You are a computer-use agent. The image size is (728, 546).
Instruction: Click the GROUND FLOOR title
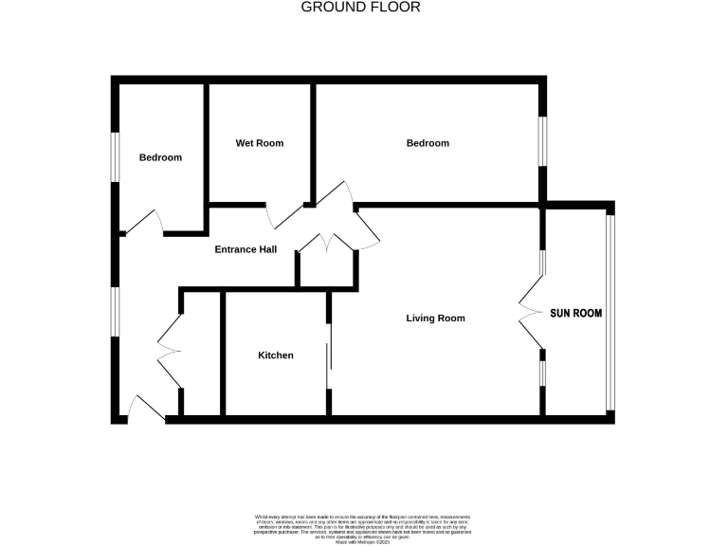tap(360, 8)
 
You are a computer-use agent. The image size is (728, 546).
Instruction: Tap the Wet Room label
tap(260, 143)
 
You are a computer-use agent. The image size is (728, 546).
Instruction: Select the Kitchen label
tap(276, 355)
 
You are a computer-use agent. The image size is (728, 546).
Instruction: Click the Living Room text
tap(435, 318)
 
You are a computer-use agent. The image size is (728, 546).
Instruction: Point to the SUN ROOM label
tap(576, 313)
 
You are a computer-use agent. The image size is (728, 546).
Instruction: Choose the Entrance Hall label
tap(246, 250)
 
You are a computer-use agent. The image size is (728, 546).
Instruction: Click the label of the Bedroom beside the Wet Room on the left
tap(160, 157)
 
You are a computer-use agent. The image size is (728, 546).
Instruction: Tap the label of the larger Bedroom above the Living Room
tap(428, 143)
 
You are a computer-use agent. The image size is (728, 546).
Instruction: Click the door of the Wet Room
tap(284, 216)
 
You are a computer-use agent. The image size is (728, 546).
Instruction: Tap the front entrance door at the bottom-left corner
tap(144, 408)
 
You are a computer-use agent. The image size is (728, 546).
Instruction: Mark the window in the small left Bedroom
tap(115, 155)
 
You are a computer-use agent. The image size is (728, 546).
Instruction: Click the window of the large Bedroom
tap(542, 143)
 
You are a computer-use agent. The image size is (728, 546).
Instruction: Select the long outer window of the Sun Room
tap(610, 313)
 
